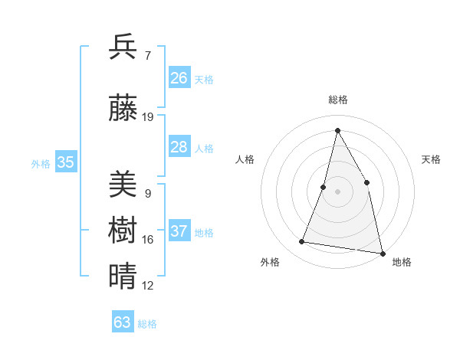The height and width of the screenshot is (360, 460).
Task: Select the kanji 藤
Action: coord(123,109)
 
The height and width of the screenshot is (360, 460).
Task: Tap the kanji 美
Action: coord(123,185)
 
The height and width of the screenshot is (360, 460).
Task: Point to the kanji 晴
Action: coord(123,276)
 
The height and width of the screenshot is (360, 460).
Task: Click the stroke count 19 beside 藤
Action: coord(148,117)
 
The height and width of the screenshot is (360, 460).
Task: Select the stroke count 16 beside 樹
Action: coord(148,240)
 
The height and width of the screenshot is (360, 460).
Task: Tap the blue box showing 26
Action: coord(179,78)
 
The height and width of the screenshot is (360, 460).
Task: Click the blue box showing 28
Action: coord(179,147)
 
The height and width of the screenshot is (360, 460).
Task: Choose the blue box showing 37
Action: coord(179,231)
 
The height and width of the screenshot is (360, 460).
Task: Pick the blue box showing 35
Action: coord(66,162)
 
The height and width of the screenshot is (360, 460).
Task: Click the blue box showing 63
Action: coord(123,322)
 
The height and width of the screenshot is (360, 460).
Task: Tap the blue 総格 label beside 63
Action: coord(147,324)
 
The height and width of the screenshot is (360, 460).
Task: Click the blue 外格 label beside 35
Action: coord(41,164)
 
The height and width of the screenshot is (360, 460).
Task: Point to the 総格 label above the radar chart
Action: coord(337,100)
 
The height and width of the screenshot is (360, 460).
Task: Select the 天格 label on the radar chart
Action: coord(431,159)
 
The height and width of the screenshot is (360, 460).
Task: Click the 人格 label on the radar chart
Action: coord(245,159)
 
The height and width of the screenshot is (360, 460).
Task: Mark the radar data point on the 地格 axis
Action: coord(382,253)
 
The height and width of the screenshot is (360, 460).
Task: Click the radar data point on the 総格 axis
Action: coord(337,130)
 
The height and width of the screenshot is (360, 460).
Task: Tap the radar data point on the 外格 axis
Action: coord(302,242)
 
